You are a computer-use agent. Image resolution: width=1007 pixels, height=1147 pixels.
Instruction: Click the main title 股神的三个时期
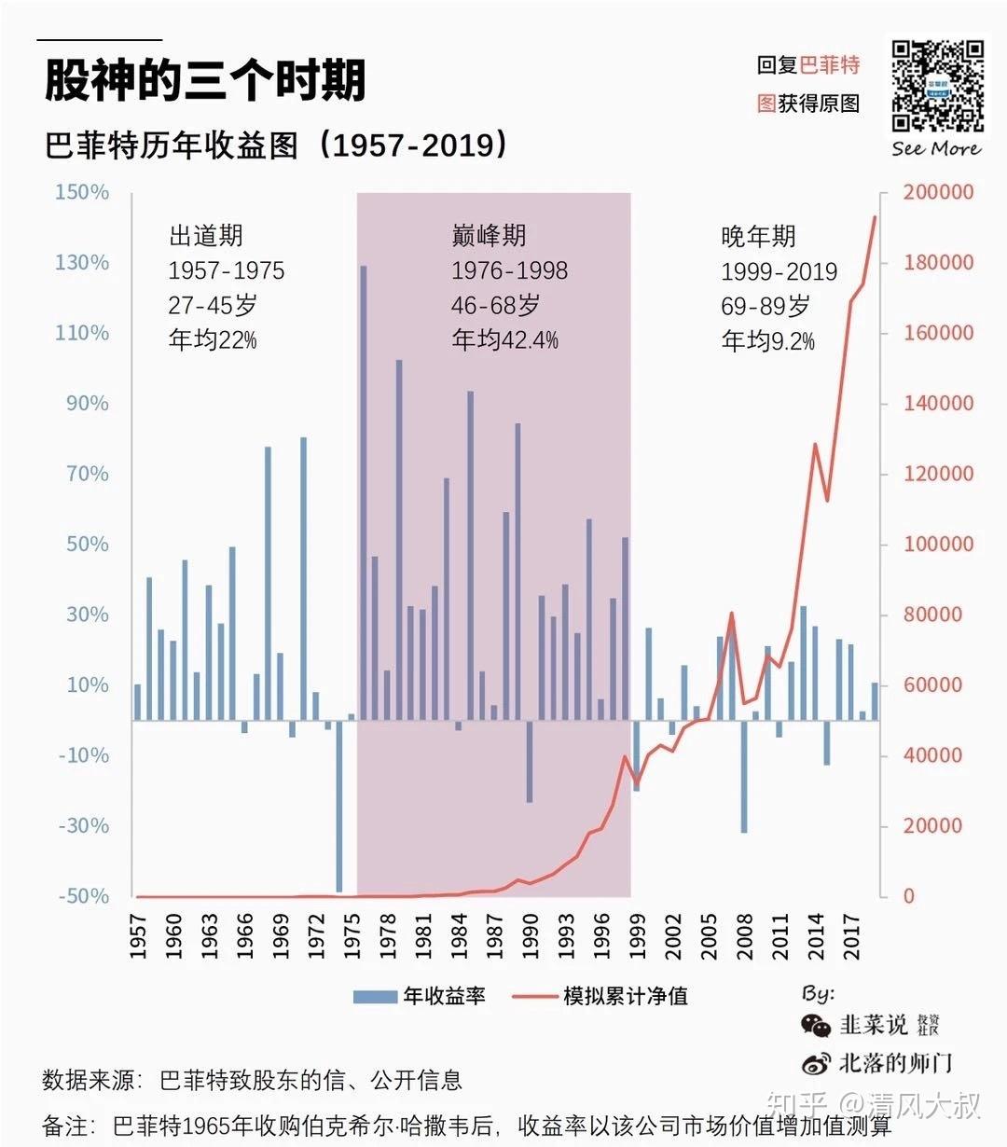point(205,80)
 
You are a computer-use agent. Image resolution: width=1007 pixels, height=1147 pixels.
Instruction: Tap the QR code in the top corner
point(937,87)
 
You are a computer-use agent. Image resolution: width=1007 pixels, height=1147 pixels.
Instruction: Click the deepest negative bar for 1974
point(339,806)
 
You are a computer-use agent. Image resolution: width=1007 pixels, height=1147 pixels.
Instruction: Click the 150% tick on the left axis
point(82,192)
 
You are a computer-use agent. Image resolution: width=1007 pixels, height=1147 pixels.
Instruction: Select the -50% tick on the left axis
point(82,896)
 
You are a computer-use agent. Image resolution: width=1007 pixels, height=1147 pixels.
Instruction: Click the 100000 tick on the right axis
point(938,544)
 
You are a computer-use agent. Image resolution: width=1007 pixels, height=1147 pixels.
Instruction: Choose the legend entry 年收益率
point(420,996)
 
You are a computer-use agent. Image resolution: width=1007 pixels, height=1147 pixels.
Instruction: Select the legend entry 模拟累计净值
point(601,996)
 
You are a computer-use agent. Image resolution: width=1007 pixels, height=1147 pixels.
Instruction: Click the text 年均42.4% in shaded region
point(504,340)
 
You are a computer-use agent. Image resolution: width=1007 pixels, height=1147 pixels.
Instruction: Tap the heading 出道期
point(205,236)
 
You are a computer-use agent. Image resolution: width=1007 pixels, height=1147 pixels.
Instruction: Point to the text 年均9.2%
point(767,341)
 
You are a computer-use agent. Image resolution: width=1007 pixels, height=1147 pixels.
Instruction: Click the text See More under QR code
point(936,149)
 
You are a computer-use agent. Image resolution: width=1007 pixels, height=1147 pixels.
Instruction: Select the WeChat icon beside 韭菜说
point(816,1026)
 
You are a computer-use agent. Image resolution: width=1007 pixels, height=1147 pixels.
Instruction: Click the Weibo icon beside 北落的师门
point(816,1063)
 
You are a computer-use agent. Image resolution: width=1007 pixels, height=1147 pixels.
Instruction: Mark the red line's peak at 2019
point(875,217)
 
